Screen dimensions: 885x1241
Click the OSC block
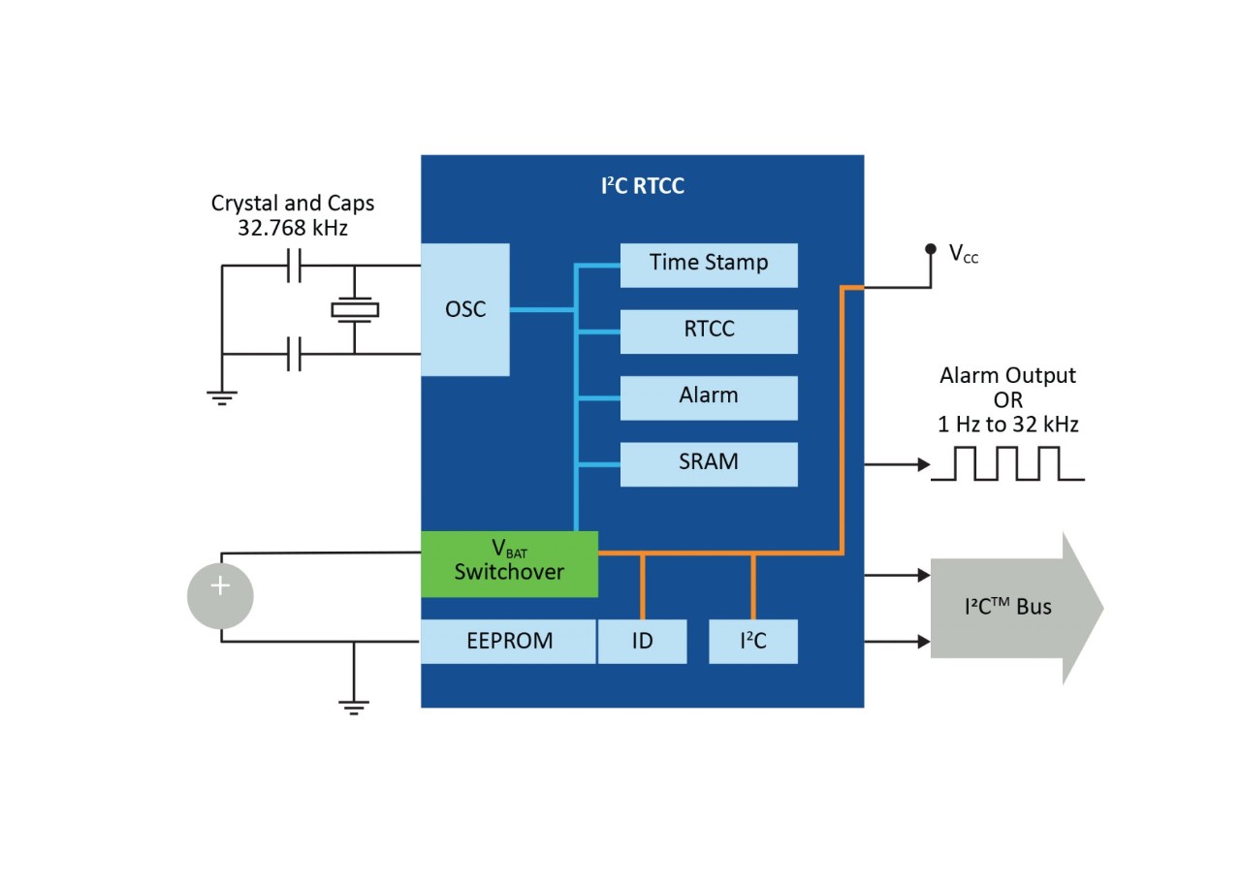(x=464, y=309)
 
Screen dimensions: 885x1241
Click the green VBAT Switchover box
(x=509, y=564)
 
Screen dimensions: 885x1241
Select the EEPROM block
(x=508, y=642)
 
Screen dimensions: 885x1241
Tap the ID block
(x=642, y=642)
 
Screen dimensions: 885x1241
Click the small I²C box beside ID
(x=753, y=642)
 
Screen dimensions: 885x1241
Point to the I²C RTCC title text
(x=642, y=186)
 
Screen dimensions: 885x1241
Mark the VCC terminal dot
(x=931, y=249)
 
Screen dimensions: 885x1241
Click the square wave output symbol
(x=1007, y=463)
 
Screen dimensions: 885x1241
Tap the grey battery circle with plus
(x=220, y=596)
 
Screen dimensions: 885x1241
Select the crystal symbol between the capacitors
(x=355, y=310)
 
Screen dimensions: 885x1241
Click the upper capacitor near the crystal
(x=295, y=266)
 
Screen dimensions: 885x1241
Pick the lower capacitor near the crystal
(x=295, y=355)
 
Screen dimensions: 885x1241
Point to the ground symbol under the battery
(x=354, y=706)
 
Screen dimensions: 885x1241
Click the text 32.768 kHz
(x=292, y=229)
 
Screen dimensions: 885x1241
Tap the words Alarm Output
(x=1007, y=375)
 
